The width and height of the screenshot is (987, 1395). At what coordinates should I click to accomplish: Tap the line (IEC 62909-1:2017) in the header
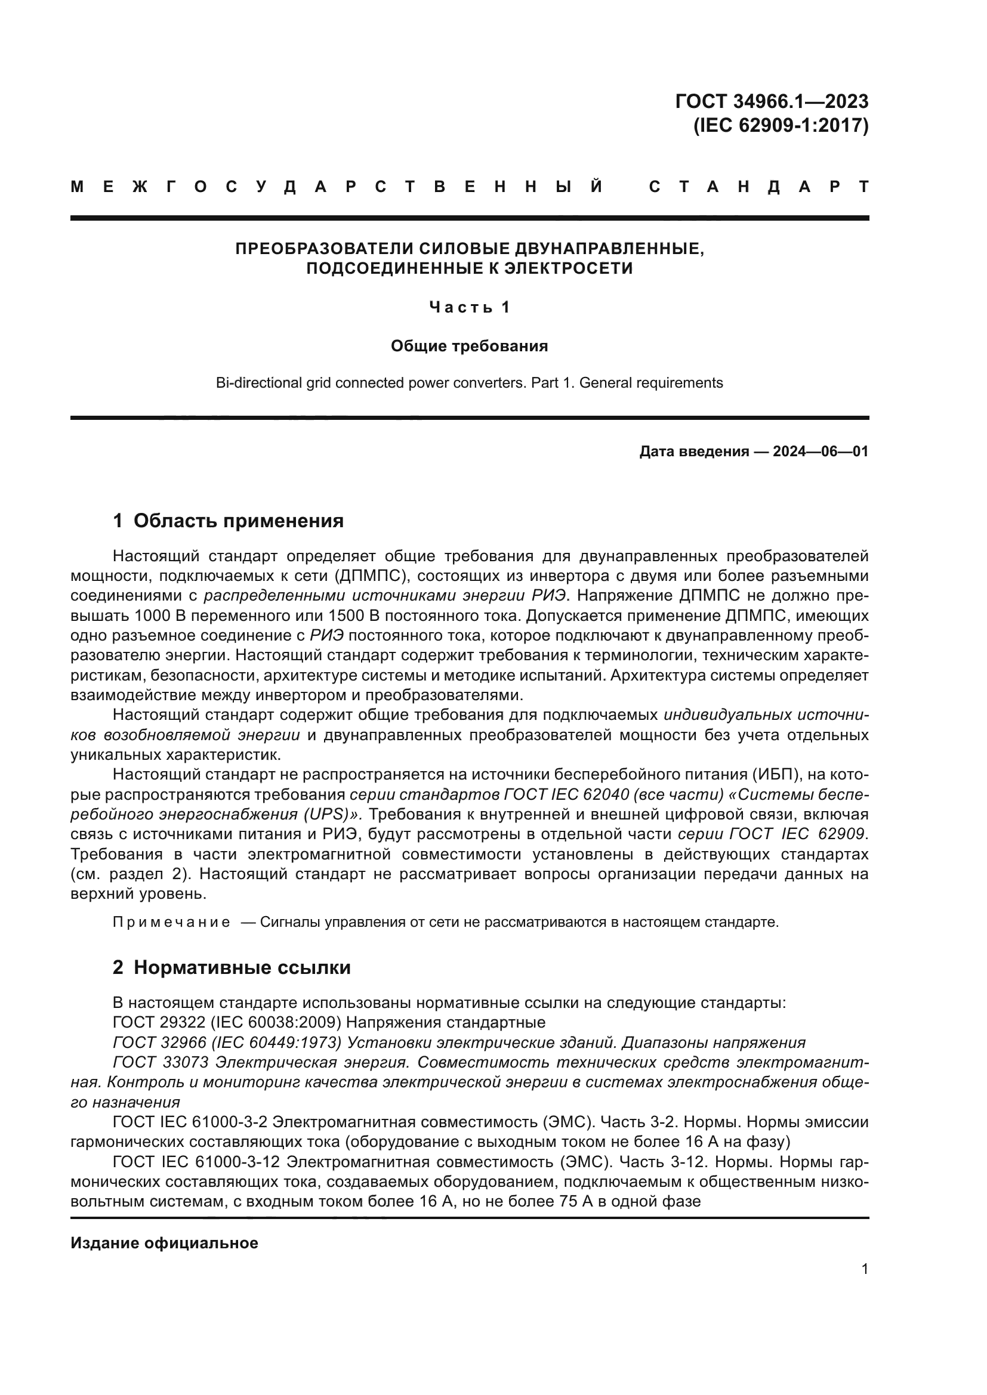click(781, 125)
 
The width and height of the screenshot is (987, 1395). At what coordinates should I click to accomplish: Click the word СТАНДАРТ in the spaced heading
click(758, 187)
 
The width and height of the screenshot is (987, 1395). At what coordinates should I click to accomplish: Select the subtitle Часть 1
click(469, 307)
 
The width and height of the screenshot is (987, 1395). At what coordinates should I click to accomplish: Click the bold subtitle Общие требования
click(469, 347)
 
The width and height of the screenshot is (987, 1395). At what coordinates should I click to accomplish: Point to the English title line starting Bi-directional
click(469, 383)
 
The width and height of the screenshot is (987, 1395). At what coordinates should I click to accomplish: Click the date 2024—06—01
click(821, 451)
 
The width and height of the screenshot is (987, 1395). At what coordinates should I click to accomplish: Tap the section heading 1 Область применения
click(229, 521)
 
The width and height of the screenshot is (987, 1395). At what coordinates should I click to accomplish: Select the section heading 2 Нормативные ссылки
click(232, 967)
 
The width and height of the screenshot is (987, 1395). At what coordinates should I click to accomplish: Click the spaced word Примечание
click(171, 922)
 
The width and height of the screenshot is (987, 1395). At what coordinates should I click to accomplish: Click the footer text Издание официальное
click(164, 1243)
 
